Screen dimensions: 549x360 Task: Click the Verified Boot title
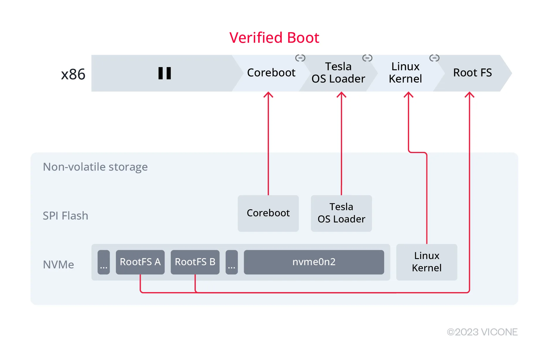pos(274,37)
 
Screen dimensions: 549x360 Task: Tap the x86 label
pos(73,74)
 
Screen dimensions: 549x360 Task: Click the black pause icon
pos(164,73)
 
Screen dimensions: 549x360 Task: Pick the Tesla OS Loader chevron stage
pos(338,73)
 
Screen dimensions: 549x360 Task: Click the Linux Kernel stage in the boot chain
pos(405,73)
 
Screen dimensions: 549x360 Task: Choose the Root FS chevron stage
pos(472,73)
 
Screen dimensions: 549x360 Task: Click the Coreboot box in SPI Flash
pos(268,213)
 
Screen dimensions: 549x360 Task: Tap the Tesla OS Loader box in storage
pos(341,213)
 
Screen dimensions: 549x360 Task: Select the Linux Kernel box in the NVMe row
pos(427,262)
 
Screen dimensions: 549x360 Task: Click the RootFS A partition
pos(140,262)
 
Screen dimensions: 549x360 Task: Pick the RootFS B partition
pos(195,262)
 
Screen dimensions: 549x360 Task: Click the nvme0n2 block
pos(314,262)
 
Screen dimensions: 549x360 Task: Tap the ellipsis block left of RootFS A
pos(104,262)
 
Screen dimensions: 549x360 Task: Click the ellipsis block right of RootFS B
pos(232,262)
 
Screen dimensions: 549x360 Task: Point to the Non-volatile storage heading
pos(95,167)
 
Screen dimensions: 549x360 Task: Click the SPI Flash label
pos(65,216)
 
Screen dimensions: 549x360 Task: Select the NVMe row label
pos(58,265)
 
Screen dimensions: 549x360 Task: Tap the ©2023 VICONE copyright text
pos(482,332)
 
